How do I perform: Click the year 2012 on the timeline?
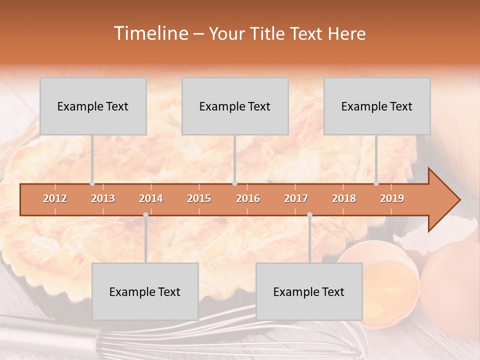coord(55,198)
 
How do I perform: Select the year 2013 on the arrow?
coord(103,198)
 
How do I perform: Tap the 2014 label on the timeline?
coord(151,198)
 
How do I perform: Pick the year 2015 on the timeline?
coord(199,198)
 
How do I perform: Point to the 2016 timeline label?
coord(248,198)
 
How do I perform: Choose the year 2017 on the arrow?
coord(296,198)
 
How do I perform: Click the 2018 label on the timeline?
coord(344,198)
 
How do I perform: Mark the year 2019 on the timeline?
coord(392,198)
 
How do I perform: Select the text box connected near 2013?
coord(93,106)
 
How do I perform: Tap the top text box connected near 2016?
coord(235,106)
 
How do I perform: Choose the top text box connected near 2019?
coord(377,106)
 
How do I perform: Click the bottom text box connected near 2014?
coord(145,291)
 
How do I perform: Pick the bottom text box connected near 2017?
coord(309,291)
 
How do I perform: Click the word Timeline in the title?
coord(150,33)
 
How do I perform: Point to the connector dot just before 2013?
coord(92,183)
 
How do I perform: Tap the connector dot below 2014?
coord(145,215)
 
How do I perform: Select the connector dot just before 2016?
coord(234,183)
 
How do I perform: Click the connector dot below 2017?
coord(309,215)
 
